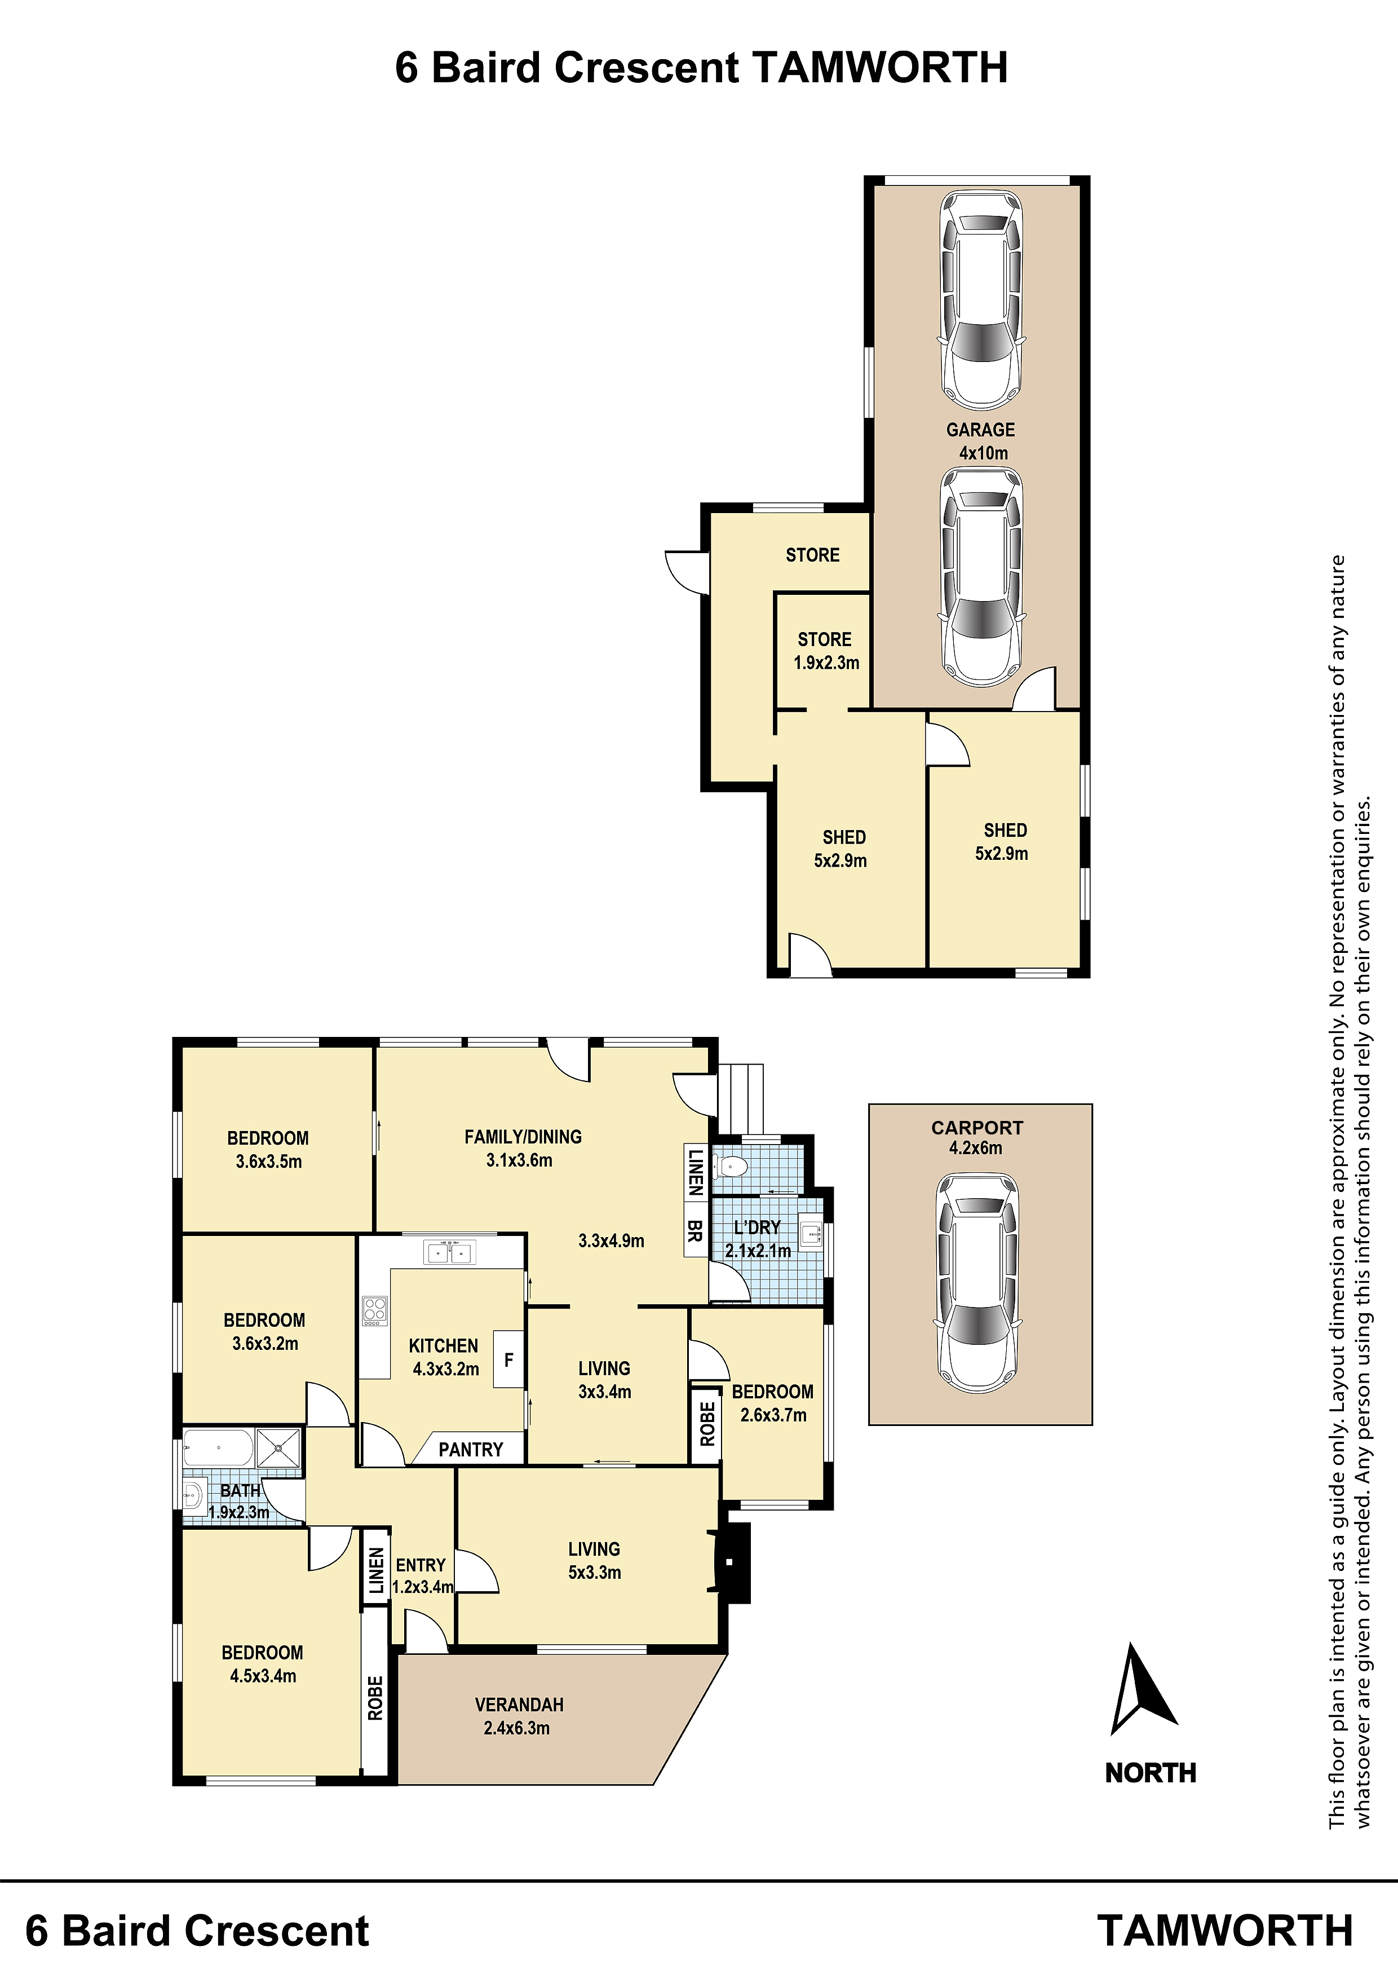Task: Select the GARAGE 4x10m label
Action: [981, 441]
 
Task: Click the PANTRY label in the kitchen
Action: [470, 1450]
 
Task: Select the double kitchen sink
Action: [450, 1252]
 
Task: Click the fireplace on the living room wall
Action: [731, 1563]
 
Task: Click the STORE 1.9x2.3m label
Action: [826, 651]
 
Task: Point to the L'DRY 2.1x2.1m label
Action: [758, 1239]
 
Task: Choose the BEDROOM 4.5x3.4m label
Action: [263, 1664]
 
